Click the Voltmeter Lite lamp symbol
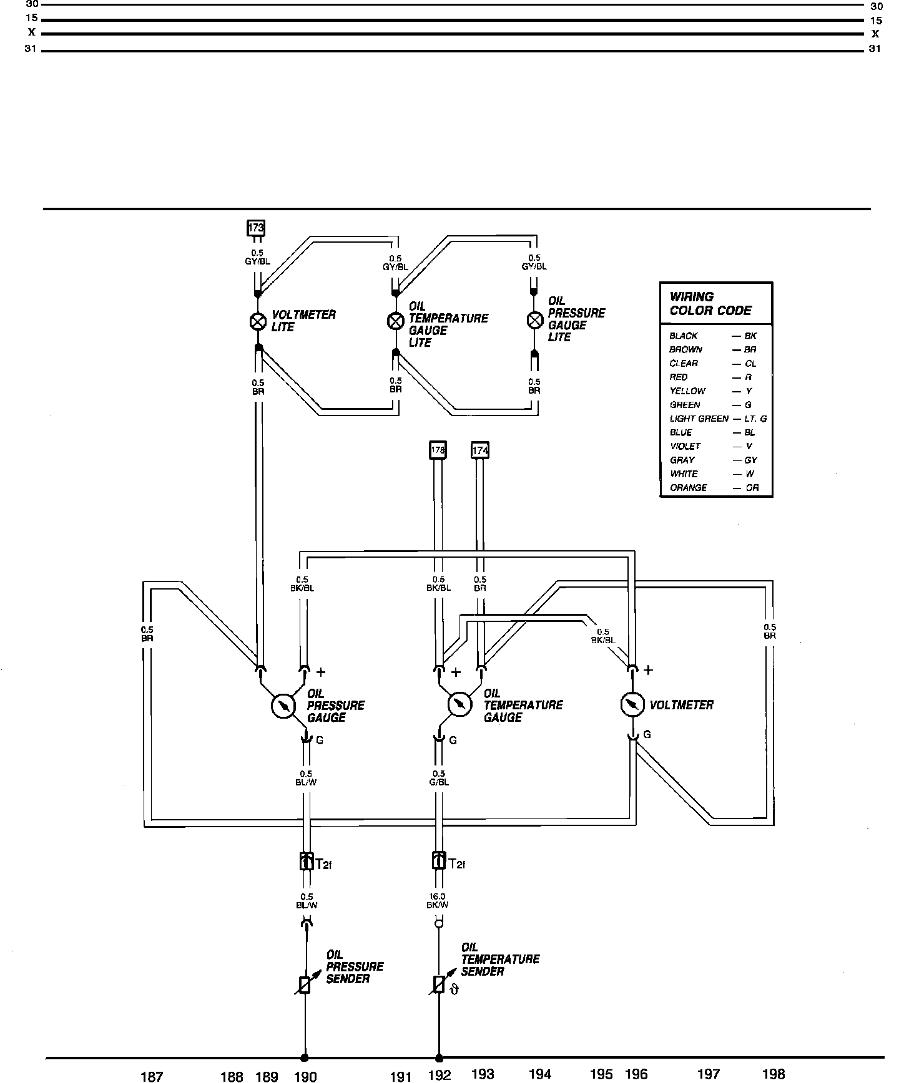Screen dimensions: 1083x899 coord(258,321)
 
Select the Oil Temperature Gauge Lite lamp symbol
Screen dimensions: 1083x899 coord(396,321)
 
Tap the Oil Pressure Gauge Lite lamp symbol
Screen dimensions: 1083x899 coord(534,321)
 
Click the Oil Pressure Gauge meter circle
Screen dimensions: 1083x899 coord(283,706)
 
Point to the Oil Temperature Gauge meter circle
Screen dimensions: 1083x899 coord(460,704)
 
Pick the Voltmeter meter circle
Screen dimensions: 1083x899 coord(632,704)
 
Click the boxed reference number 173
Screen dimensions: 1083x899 coord(256,228)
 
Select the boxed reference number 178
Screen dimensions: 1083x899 coord(438,450)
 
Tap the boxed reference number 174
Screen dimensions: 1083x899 coord(479,450)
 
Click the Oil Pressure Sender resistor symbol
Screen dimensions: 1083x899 coord(305,984)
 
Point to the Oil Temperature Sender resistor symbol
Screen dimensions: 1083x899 coord(439,984)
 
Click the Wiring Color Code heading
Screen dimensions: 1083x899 coord(710,304)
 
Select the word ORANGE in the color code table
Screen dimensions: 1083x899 coord(689,488)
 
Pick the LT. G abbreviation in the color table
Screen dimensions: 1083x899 coord(755,419)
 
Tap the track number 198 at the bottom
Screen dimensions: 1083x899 coord(774,1074)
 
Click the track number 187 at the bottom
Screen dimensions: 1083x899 coord(152,1076)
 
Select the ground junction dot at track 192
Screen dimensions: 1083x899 coord(439,1058)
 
